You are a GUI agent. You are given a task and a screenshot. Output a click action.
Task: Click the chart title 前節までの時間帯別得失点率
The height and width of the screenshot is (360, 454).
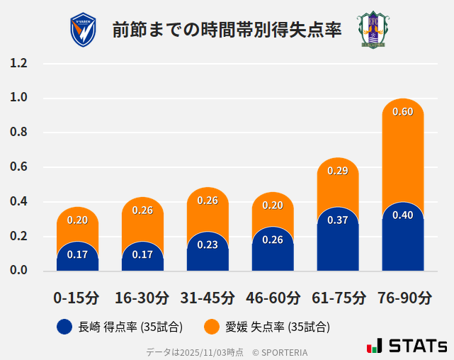227,30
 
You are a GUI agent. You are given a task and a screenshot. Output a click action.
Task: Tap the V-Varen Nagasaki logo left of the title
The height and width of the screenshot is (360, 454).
84,30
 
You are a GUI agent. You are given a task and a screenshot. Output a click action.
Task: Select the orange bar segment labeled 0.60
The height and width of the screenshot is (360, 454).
402,142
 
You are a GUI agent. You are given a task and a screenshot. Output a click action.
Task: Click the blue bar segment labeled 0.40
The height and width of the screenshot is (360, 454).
402,241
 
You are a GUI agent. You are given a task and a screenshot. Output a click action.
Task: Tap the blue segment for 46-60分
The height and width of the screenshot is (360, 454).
273,252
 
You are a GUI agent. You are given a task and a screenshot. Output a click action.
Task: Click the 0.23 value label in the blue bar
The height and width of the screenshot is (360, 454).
208,244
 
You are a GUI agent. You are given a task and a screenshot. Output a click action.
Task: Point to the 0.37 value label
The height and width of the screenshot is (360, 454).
337,220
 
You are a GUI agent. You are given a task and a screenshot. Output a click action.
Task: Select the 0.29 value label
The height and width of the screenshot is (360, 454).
337,171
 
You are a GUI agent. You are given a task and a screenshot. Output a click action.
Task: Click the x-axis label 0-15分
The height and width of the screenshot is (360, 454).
76,297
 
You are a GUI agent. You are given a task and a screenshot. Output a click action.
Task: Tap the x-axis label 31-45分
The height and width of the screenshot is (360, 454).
208,297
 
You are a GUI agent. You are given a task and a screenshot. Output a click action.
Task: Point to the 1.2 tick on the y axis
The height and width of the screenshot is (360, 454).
19,63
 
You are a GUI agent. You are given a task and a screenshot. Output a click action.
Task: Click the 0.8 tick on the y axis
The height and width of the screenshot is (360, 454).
19,133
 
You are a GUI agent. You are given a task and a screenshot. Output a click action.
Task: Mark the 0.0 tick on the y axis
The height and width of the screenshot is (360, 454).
19,271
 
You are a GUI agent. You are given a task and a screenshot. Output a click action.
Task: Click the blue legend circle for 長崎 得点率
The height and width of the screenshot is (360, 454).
64,327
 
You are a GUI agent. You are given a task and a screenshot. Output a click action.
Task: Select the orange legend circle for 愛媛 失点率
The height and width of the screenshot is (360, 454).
212,327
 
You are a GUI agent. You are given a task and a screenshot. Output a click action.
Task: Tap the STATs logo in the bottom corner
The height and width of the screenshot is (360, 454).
407,346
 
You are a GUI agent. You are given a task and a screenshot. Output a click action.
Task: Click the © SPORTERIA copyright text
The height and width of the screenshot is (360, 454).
280,351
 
